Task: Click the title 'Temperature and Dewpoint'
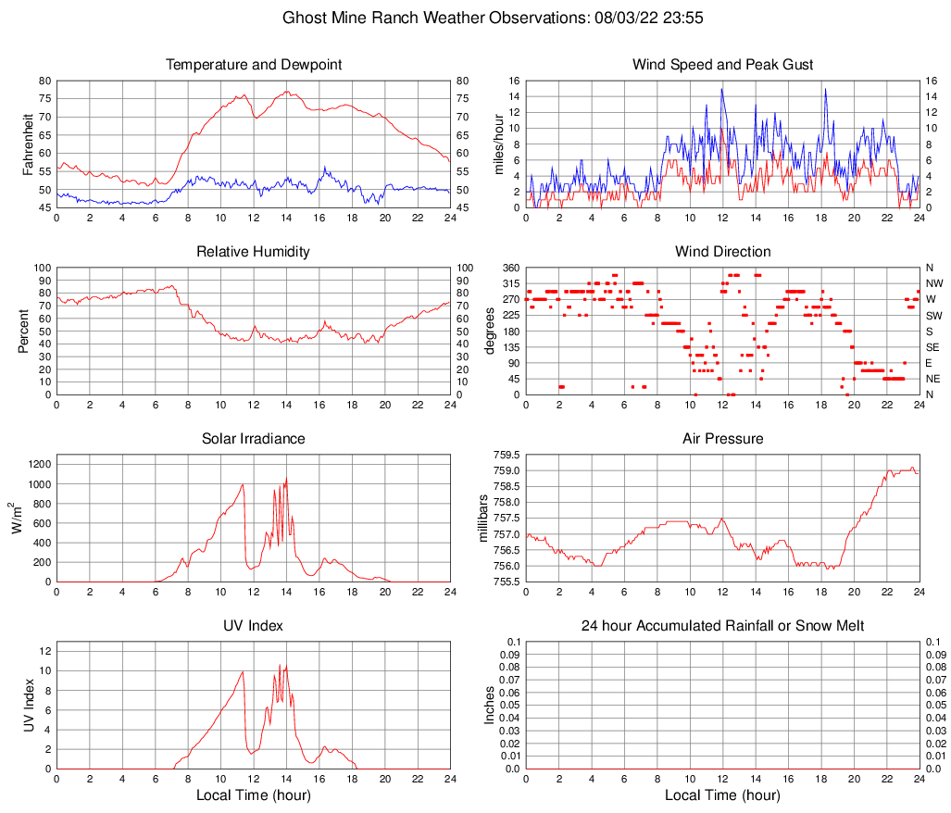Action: pyautogui.click(x=253, y=65)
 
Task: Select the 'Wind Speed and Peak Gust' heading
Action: pyautogui.click(x=722, y=65)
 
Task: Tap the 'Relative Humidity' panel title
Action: pyautogui.click(x=253, y=252)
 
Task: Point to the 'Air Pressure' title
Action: pyautogui.click(x=722, y=439)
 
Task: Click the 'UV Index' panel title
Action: pyautogui.click(x=253, y=626)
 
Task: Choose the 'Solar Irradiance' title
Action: pyautogui.click(x=253, y=439)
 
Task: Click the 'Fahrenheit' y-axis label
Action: pyautogui.click(x=28, y=144)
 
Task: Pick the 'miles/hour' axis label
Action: pyautogui.click(x=497, y=144)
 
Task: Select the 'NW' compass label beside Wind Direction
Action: pyautogui.click(x=934, y=283)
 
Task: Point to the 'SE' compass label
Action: pyautogui.click(x=933, y=347)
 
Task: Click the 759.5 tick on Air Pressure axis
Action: pyautogui.click(x=506, y=455)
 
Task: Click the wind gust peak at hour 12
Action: pyautogui.click(x=722, y=89)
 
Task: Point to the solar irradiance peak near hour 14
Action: pyautogui.click(x=286, y=479)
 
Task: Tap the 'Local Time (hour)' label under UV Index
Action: pyautogui.click(x=253, y=795)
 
